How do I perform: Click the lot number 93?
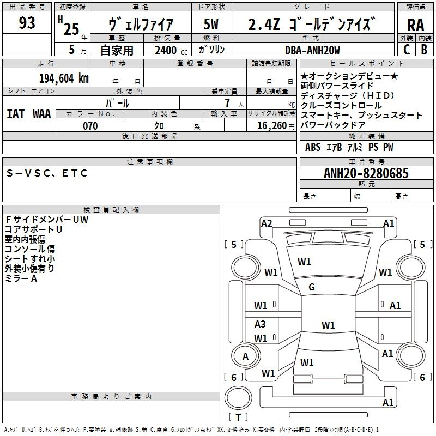[x=27, y=23]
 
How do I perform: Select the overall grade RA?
[x=415, y=25]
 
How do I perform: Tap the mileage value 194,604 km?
[x=64, y=78]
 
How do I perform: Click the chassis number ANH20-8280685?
[x=366, y=173]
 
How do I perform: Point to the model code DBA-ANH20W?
[x=312, y=50]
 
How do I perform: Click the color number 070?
[x=90, y=126]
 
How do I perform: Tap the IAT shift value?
[x=16, y=114]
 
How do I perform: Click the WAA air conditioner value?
[x=42, y=114]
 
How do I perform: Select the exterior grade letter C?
[x=407, y=50]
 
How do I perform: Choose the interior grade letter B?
[x=424, y=50]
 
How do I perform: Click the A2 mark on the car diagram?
[x=267, y=223]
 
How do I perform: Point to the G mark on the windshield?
[x=312, y=287]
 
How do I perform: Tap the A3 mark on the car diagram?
[x=260, y=324]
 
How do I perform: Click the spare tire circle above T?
[x=238, y=398]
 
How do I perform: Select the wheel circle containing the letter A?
[x=246, y=356]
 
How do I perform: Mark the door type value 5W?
[x=211, y=24]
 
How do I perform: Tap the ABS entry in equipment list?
[x=313, y=147]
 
